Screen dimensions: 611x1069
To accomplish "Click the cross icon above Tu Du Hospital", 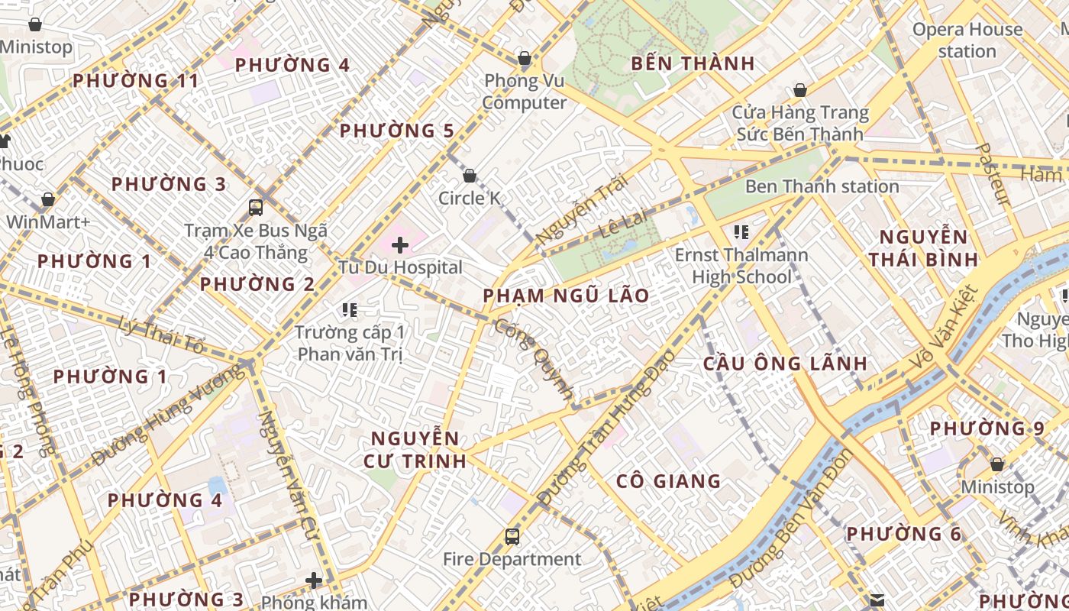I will point(399,245).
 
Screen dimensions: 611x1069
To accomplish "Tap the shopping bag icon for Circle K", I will point(470,176).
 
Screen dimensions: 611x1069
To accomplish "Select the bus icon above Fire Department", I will point(512,537).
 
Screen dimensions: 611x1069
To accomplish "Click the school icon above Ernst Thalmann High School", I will point(740,231).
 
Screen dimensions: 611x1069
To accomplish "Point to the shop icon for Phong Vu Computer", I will point(525,58).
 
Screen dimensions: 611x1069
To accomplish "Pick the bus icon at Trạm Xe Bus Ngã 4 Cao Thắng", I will point(256,207).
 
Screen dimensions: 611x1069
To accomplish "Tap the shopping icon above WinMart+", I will point(48,200).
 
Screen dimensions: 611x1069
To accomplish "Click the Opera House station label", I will point(967,40).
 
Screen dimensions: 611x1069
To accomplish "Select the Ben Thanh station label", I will point(822,186).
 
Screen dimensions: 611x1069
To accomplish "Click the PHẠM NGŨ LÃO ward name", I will point(566,296).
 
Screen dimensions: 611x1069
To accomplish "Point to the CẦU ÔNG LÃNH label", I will point(785,363).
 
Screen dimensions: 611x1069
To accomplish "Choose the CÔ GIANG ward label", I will point(668,480).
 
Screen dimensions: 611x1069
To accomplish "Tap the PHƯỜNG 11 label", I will point(136,80).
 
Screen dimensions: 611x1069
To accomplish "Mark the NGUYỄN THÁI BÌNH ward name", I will point(923,247).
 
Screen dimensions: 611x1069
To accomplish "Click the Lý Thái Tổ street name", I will point(163,337).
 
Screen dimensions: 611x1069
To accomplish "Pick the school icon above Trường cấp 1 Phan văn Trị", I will point(350,309).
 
